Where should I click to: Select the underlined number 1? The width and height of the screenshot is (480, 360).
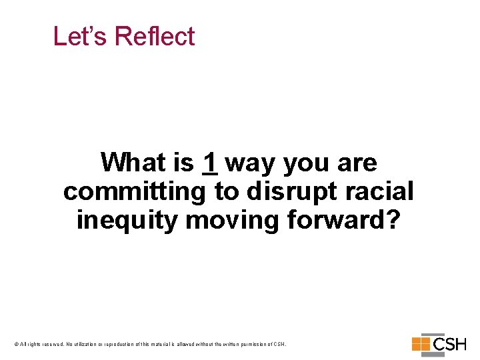(x=210, y=162)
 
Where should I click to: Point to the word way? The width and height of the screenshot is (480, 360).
(x=251, y=163)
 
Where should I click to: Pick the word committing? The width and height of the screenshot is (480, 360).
(x=135, y=191)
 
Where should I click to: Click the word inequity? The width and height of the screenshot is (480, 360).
(x=127, y=219)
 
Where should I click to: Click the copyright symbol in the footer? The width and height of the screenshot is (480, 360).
(x=15, y=344)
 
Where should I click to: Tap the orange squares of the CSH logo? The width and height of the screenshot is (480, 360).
(x=421, y=344)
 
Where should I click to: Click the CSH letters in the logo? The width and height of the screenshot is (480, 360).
(x=450, y=345)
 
